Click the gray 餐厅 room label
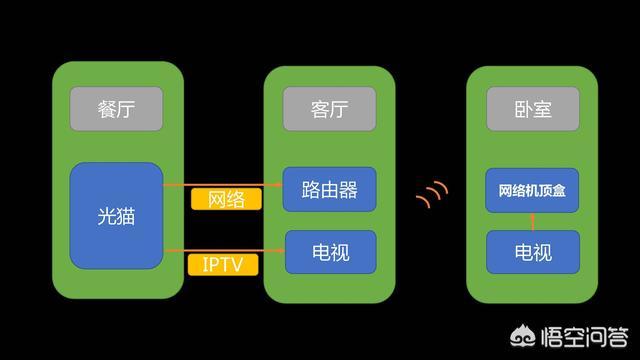(116, 109)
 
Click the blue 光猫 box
(116, 216)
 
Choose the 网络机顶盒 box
(532, 190)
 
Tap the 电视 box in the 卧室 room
(532, 252)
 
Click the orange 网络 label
(226, 199)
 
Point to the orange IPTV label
(222, 264)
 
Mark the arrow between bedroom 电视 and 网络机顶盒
(532, 221)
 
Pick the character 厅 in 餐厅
(130, 109)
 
